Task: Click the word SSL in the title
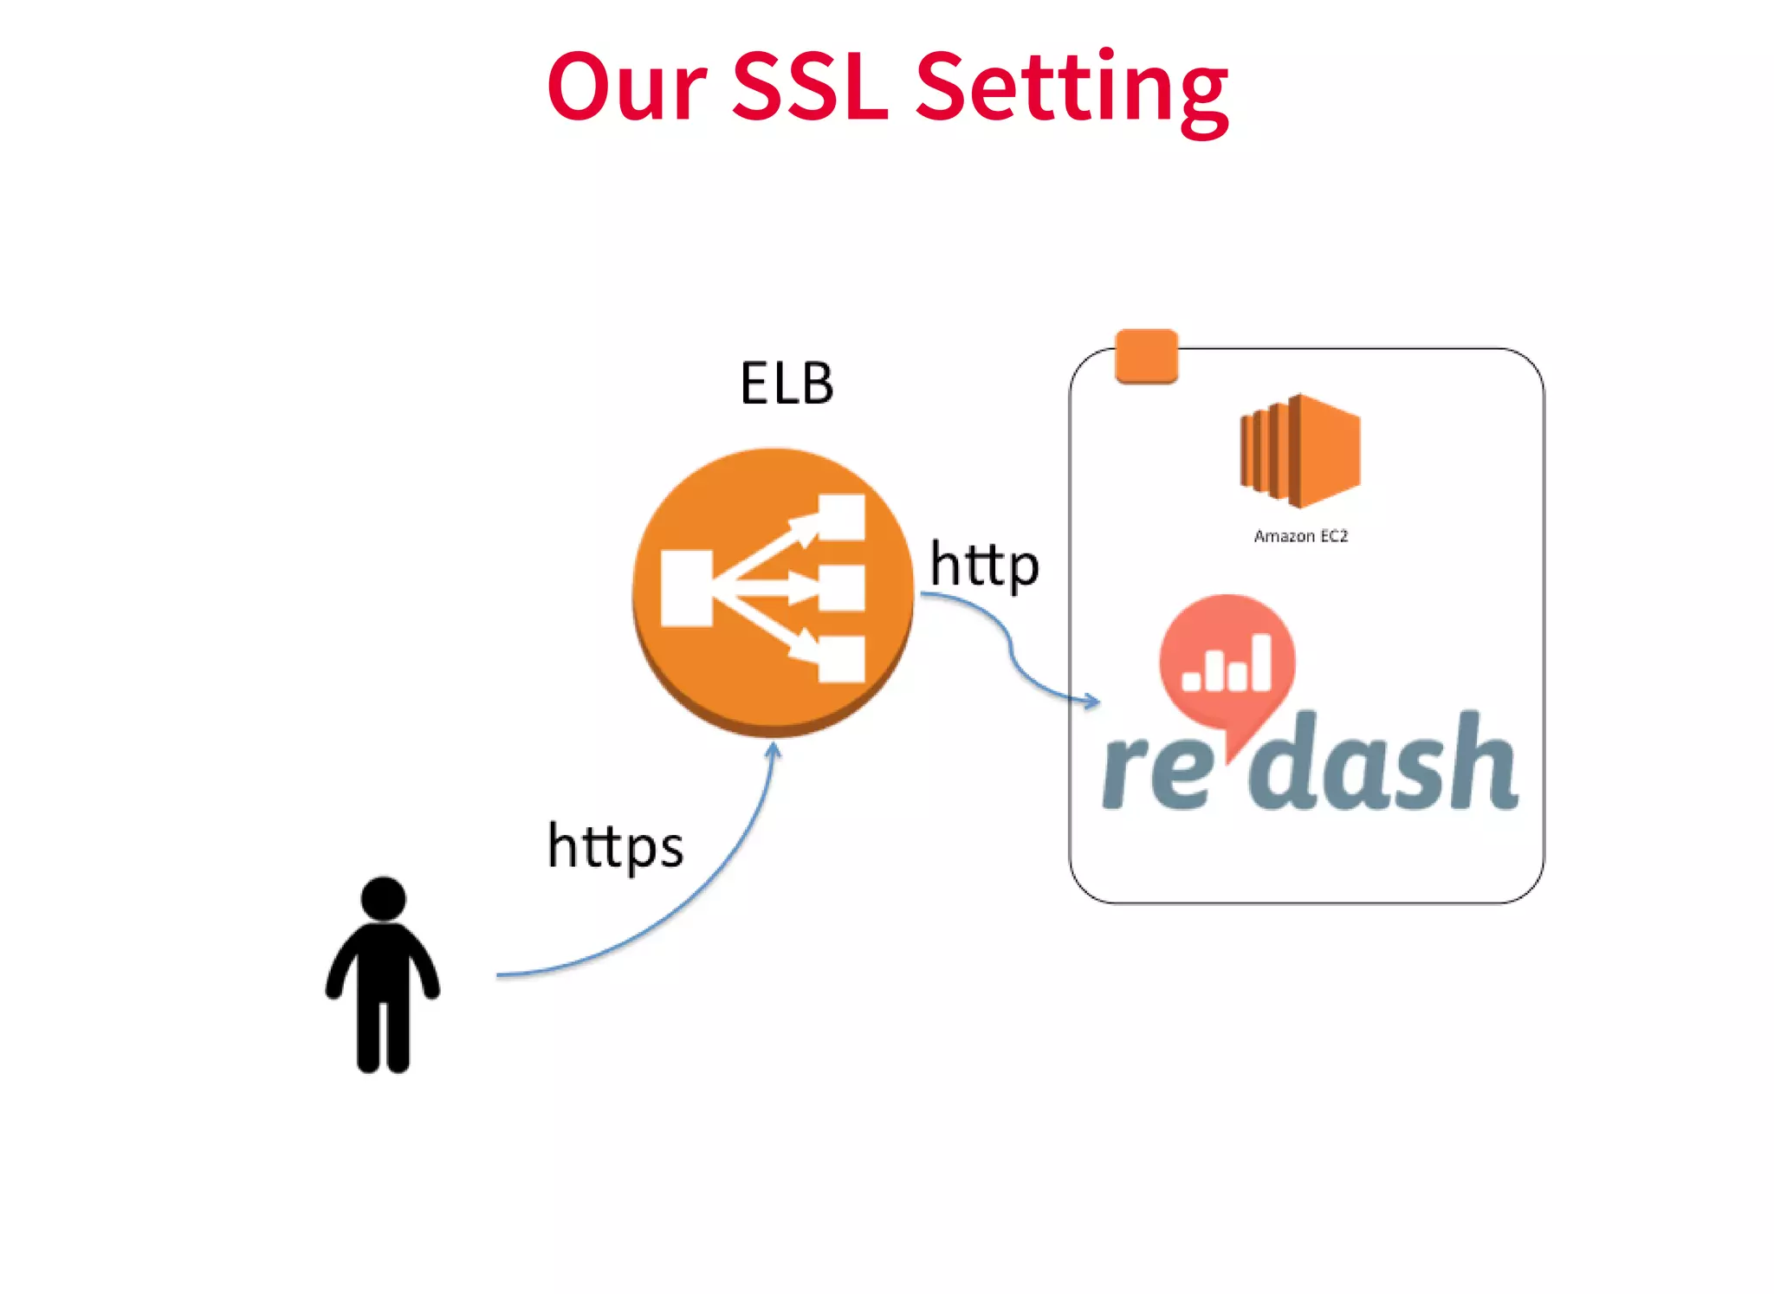[810, 87]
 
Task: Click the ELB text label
[787, 384]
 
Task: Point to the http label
[984, 566]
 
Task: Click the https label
[615, 846]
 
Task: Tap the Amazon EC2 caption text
[1300, 537]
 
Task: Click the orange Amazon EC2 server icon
[1300, 451]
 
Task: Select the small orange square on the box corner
[1146, 355]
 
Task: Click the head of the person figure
[383, 898]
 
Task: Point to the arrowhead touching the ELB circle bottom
[774, 751]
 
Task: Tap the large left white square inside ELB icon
[686, 588]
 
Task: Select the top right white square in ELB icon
[841, 517]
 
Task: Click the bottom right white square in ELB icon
[841, 659]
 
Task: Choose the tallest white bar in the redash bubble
[1260, 662]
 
